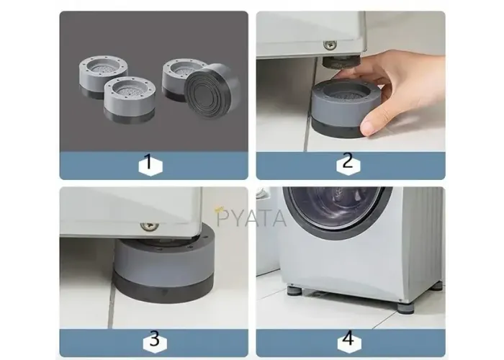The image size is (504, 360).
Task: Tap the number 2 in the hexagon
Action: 348,161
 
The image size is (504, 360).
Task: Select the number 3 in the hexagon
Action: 155,339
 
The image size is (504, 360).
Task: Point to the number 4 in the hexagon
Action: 348,338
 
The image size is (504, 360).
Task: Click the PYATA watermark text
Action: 251,218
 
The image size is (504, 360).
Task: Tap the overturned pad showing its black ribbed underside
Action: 212,90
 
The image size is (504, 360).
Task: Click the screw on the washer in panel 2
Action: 330,45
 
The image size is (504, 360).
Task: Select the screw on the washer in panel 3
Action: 149,226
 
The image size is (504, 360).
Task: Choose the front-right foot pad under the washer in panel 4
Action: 405,306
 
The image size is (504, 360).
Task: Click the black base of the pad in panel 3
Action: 163,290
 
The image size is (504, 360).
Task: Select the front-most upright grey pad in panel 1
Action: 130,99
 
